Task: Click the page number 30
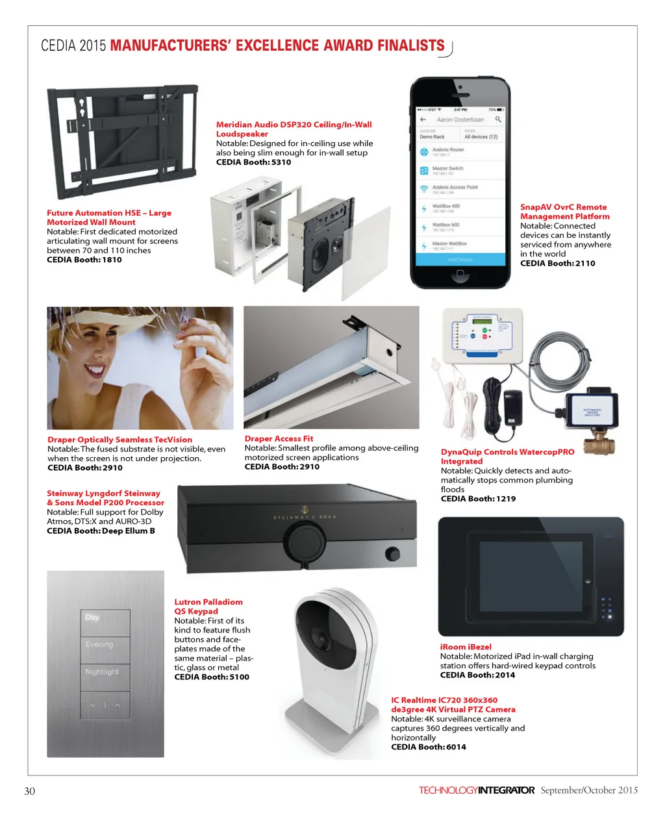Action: (x=30, y=791)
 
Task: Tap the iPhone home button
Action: (x=460, y=274)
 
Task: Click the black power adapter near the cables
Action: (x=513, y=407)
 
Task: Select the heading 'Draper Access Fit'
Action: (x=279, y=439)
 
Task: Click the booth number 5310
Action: (x=281, y=162)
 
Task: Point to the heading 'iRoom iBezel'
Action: (x=466, y=647)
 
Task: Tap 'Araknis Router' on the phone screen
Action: (x=448, y=150)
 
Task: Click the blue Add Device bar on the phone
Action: (x=460, y=260)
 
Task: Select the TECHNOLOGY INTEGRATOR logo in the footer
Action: (x=477, y=790)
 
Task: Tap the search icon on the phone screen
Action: (x=498, y=119)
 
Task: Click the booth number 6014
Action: (x=456, y=747)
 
